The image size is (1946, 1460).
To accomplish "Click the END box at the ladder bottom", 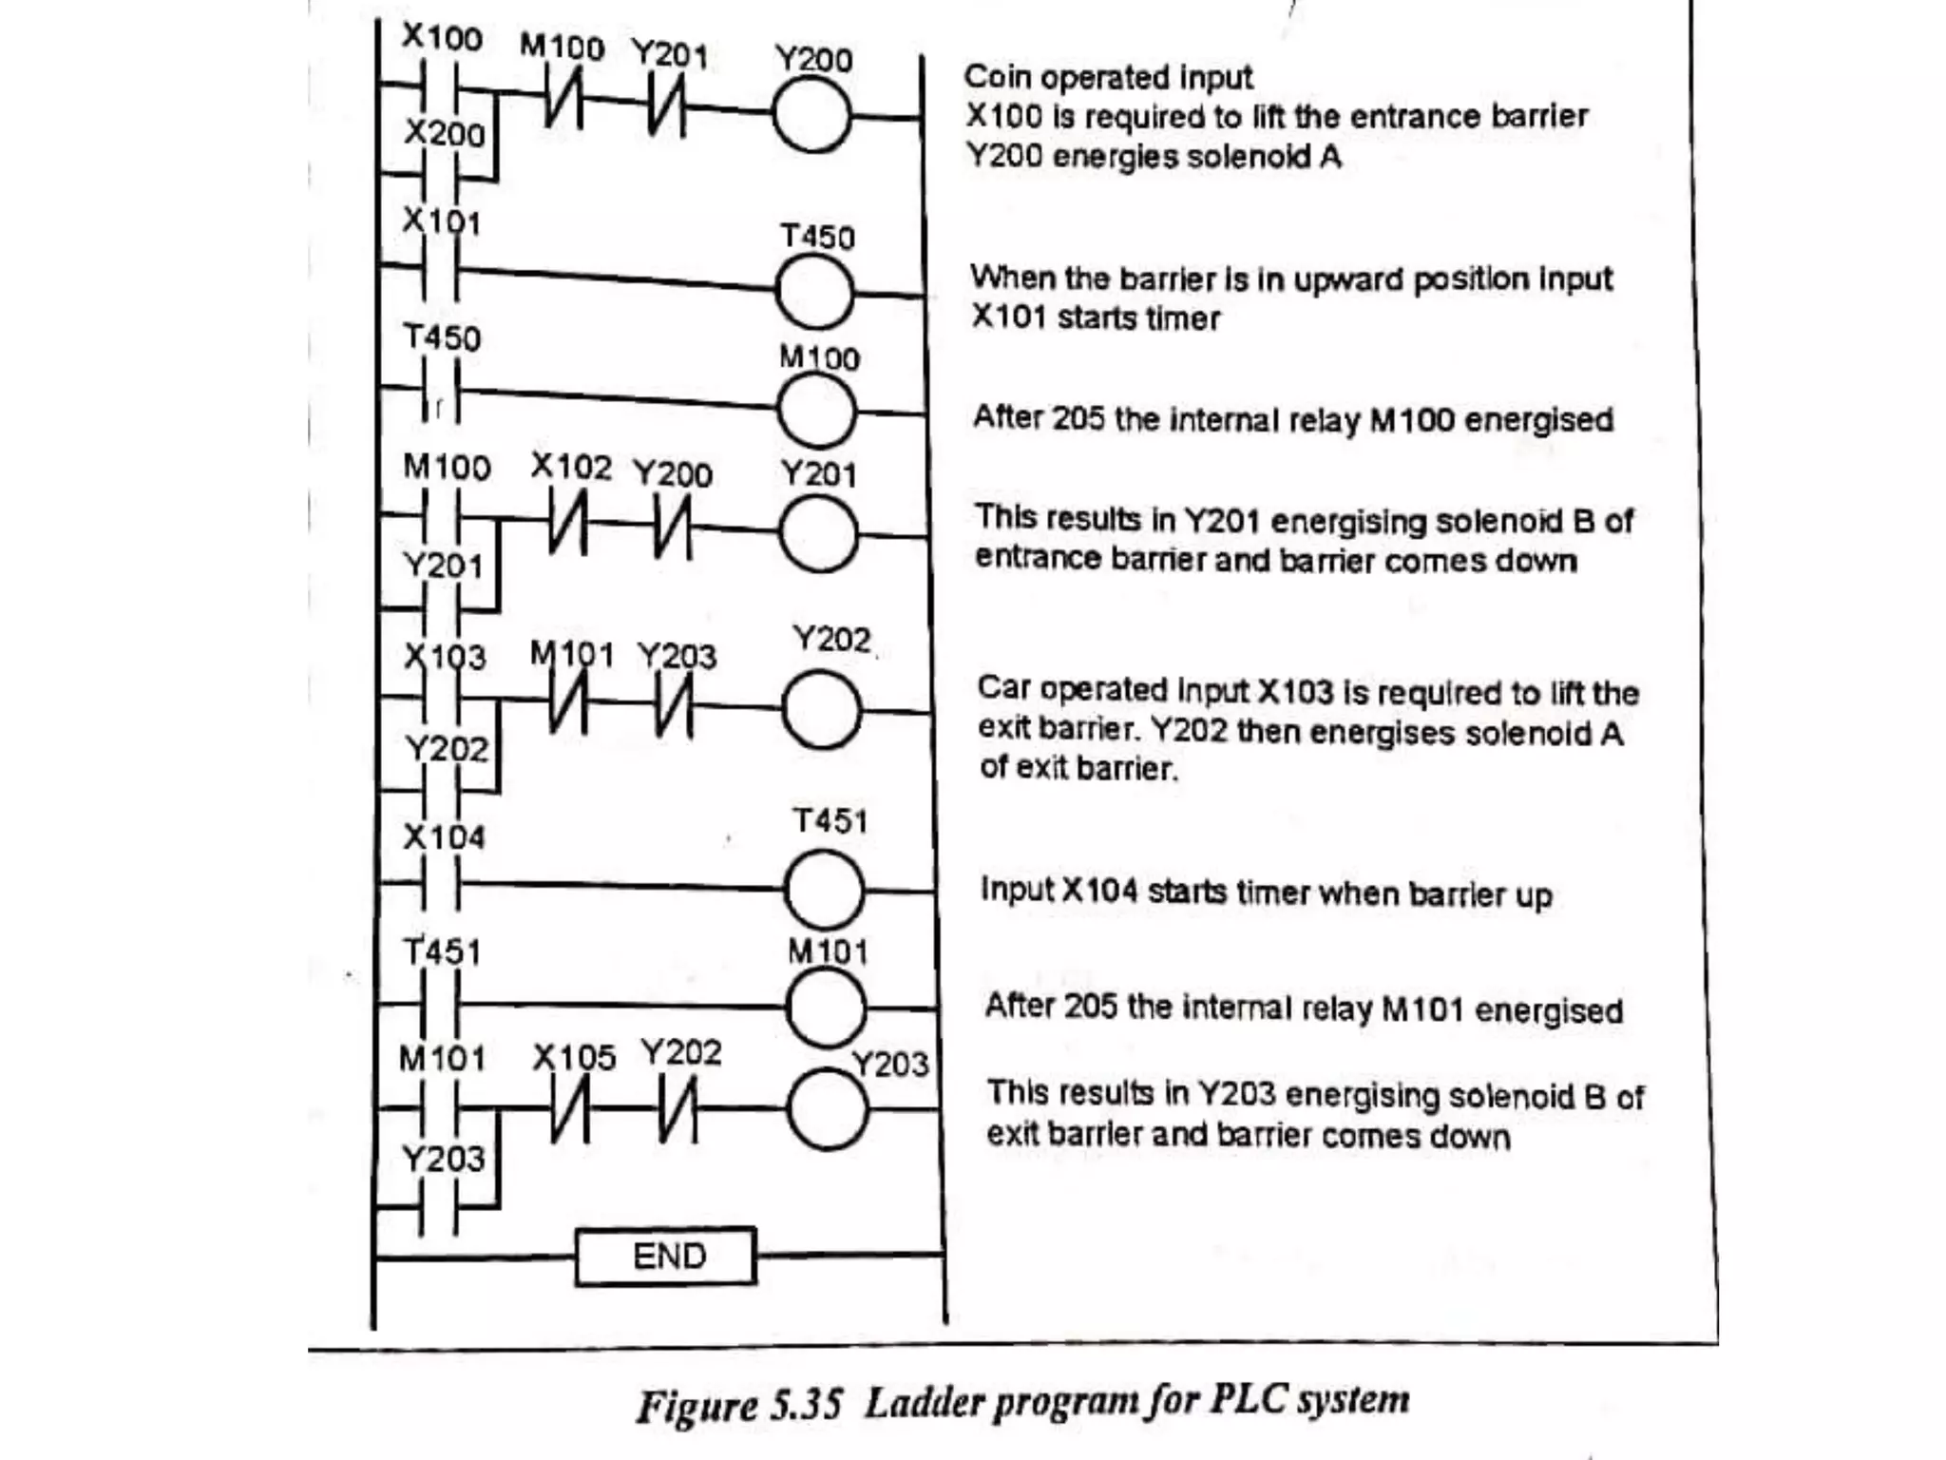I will click(x=666, y=1257).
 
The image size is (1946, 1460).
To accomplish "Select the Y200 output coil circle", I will click(x=811, y=116).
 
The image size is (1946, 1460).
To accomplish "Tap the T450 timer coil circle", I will click(x=814, y=292).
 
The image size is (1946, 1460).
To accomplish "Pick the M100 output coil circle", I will click(x=816, y=411).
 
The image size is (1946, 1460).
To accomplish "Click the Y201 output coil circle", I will click(x=818, y=534).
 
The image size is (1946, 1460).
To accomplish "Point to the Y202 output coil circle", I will click(x=822, y=710).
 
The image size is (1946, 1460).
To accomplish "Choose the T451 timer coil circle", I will click(x=824, y=890).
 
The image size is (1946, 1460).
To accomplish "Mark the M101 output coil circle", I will click(x=826, y=1008).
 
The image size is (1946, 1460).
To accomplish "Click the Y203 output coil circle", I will click(x=828, y=1109).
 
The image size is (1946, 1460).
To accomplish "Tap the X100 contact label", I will click(x=442, y=37).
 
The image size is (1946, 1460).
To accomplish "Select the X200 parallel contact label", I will click(x=445, y=133).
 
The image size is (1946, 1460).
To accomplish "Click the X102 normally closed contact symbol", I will click(x=567, y=527).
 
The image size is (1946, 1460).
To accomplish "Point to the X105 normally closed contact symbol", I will click(x=570, y=1110).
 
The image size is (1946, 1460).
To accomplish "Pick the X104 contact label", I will click(x=444, y=837).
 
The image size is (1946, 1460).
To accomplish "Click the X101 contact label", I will click(x=442, y=221).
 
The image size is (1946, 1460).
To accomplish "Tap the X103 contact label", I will click(x=445, y=657).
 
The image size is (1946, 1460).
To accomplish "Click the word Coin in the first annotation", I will click(x=997, y=77).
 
